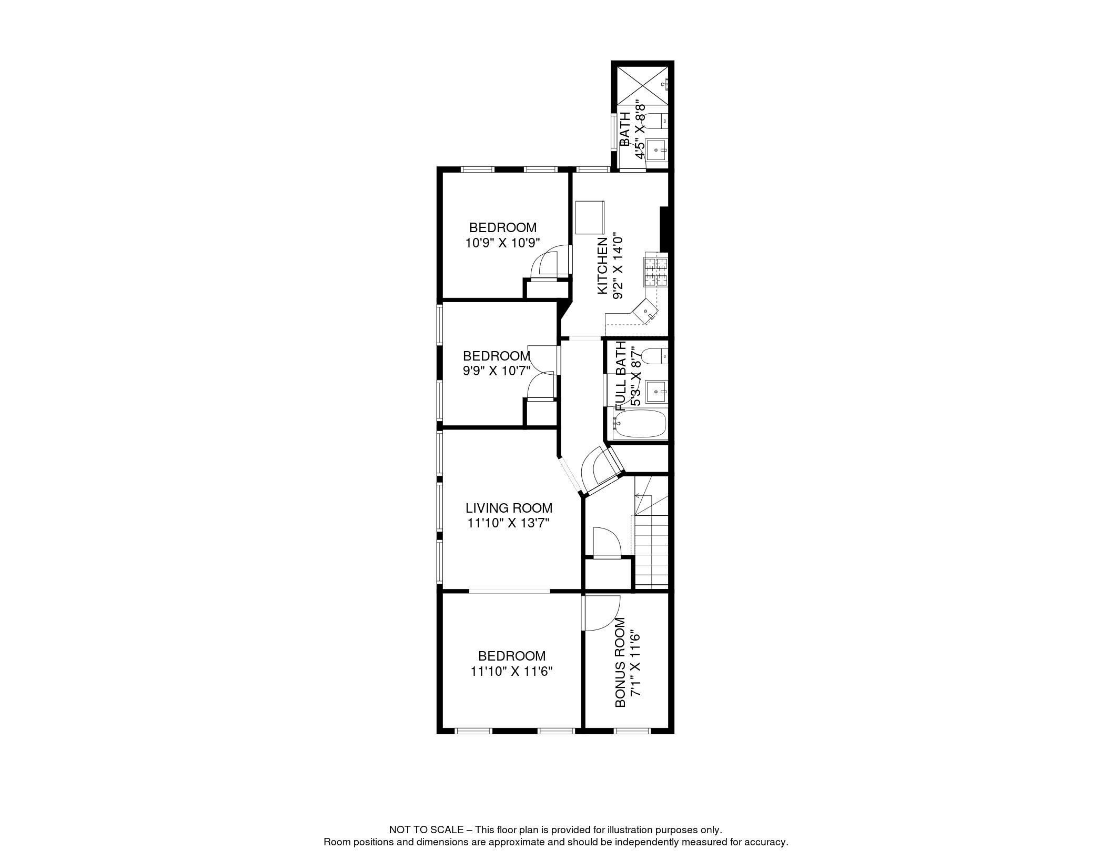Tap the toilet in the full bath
point(655,356)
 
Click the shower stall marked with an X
point(642,84)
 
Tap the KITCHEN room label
point(602,266)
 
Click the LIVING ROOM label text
point(509,508)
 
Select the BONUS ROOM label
point(621,662)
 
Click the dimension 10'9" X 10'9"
point(503,243)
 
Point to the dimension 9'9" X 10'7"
point(496,371)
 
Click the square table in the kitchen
point(590,217)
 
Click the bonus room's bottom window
point(632,731)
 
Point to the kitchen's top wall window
point(593,169)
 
